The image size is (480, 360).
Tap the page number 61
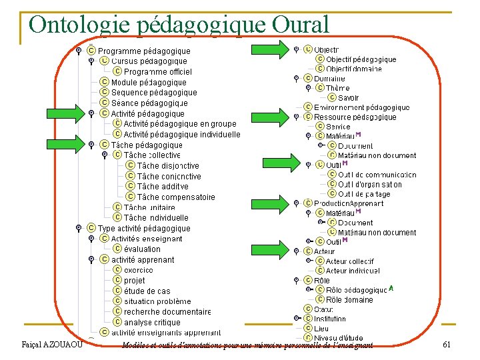point(447,344)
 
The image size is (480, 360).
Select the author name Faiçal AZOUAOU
point(52,344)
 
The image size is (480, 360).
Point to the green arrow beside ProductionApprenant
point(270,203)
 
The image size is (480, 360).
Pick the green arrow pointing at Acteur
point(270,251)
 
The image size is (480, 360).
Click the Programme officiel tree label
point(157,72)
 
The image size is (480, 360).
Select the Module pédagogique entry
point(149,83)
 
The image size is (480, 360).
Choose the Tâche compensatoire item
point(176,197)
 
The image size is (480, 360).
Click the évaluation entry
point(142,249)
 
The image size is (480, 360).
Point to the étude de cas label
point(147,291)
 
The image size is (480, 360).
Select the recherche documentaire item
point(167,311)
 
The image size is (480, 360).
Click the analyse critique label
point(152,322)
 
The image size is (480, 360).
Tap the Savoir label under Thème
point(348,98)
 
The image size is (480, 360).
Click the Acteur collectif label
point(349,261)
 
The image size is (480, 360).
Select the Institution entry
point(330,319)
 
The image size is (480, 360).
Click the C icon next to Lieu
point(308,328)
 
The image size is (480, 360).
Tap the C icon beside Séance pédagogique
point(104,103)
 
